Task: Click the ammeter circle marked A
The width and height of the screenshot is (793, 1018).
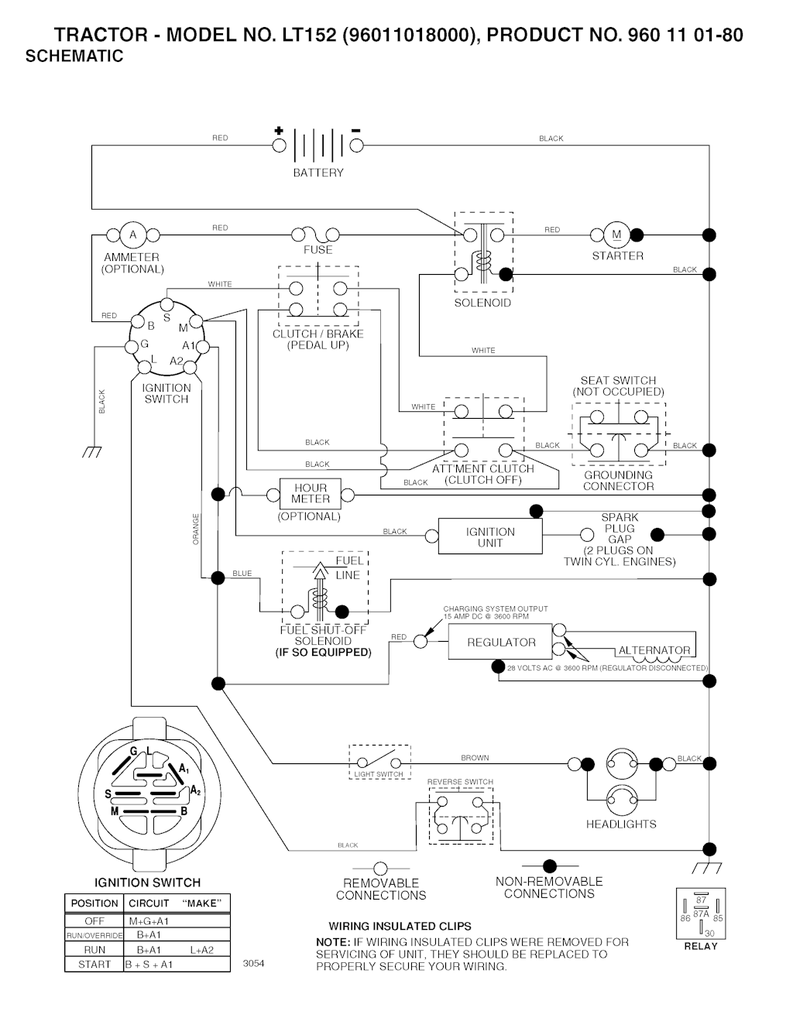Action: click(x=132, y=235)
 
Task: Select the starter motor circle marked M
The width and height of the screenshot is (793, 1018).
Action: click(x=616, y=235)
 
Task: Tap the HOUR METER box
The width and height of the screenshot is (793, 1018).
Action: click(x=310, y=494)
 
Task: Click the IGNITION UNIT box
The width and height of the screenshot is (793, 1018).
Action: click(x=489, y=537)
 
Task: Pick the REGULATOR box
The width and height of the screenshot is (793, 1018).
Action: click(x=501, y=643)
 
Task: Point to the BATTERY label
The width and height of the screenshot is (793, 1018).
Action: click(x=318, y=173)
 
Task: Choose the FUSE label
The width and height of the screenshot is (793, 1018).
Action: click(x=318, y=250)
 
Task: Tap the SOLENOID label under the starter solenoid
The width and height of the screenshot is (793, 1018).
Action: click(x=482, y=303)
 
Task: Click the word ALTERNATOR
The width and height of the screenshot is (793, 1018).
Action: click(x=654, y=650)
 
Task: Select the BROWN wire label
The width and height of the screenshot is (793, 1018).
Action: click(x=475, y=758)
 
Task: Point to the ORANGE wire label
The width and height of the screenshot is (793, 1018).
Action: click(x=196, y=529)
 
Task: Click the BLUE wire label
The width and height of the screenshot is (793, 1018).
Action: click(x=242, y=574)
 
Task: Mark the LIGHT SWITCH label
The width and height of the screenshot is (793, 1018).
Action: click(x=379, y=774)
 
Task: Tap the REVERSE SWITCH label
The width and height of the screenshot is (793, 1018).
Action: click(x=460, y=782)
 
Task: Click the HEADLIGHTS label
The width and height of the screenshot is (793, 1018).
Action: click(x=621, y=824)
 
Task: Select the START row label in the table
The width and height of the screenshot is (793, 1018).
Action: click(x=94, y=965)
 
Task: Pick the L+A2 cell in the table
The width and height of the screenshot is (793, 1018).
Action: click(x=201, y=950)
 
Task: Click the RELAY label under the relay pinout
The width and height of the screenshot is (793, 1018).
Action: click(x=701, y=946)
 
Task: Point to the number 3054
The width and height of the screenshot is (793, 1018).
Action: click(x=253, y=964)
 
